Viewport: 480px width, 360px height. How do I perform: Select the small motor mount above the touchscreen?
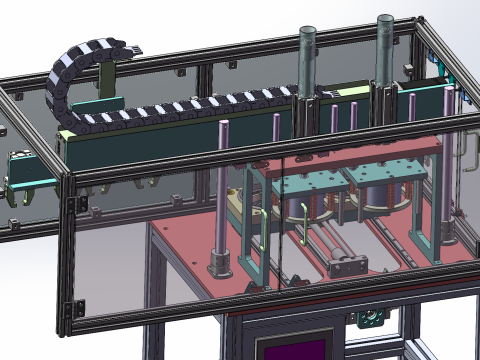[x=367, y=318]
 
